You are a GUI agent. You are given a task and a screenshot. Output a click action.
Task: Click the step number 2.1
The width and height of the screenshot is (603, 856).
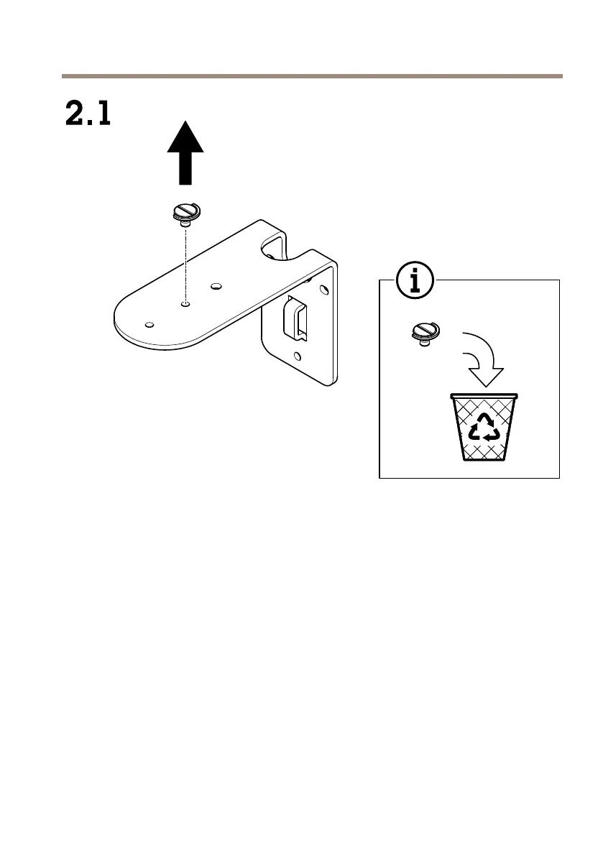[88, 114]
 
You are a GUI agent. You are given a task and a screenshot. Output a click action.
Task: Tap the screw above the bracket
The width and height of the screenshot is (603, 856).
[185, 214]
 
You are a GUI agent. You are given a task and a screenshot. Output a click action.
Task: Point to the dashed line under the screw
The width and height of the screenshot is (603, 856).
[185, 266]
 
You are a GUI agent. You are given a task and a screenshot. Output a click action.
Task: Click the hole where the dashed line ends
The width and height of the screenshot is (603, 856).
[185, 304]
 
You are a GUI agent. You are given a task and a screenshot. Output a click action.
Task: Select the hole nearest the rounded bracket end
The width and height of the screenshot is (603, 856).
[149, 324]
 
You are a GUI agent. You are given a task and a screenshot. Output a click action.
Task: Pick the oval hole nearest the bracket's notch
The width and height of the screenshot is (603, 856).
[215, 287]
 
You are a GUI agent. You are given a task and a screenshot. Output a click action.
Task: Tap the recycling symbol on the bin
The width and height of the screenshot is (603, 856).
[484, 428]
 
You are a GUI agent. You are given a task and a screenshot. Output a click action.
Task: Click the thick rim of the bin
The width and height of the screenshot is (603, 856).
[484, 395]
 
